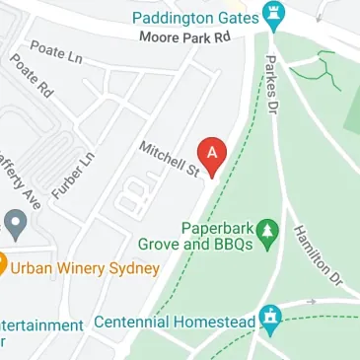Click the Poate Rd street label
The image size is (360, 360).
pyautogui.click(x=31, y=76)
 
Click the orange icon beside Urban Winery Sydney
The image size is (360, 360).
pyautogui.click(x=3, y=264)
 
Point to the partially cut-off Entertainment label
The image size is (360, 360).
pyautogui.click(x=39, y=324)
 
